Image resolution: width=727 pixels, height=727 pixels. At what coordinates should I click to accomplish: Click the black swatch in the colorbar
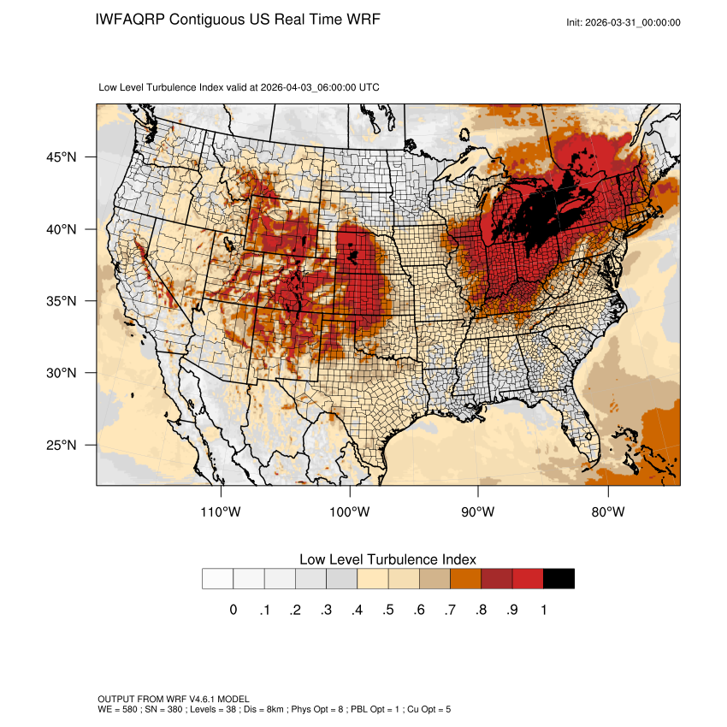tap(559, 579)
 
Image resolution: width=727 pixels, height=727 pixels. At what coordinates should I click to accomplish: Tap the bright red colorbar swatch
tap(528, 579)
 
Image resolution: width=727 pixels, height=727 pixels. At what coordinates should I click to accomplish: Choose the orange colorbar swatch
tap(465, 579)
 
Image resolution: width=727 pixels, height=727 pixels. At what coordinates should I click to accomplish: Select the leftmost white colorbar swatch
tap(218, 579)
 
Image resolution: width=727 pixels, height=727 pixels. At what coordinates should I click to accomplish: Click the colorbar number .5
tap(388, 610)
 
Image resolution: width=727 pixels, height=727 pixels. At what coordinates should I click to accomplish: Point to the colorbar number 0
tap(233, 610)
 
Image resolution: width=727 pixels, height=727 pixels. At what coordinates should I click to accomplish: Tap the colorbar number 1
tap(543, 610)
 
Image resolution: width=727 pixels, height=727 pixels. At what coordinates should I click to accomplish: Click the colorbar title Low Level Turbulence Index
tap(387, 559)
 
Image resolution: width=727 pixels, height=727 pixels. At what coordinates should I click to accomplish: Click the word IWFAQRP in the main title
tap(130, 20)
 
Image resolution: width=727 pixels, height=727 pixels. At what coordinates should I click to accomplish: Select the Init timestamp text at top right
tap(624, 22)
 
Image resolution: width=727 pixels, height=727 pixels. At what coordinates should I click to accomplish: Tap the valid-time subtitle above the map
tap(239, 87)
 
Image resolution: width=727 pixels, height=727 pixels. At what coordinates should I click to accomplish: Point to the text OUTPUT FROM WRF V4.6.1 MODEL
tap(174, 699)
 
